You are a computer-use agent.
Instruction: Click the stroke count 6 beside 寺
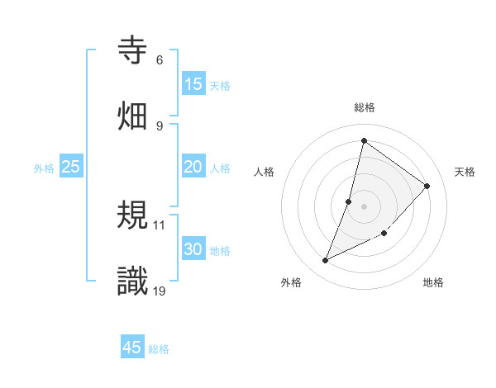[x=160, y=60]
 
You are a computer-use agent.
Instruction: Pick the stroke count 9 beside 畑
[x=160, y=125]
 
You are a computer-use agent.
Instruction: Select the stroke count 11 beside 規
[x=160, y=225]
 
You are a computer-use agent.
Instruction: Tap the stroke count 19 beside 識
[x=160, y=290]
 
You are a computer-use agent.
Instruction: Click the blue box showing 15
[x=193, y=84]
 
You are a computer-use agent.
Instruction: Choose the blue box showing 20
[x=193, y=167]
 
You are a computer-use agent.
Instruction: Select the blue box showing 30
[x=193, y=249]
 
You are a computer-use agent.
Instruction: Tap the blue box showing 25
[x=71, y=167]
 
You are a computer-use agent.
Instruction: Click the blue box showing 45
[x=132, y=348]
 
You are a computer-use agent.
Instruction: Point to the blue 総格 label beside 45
[x=159, y=349]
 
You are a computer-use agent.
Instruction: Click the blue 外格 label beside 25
[x=44, y=168]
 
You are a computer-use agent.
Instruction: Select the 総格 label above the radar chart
[x=364, y=107]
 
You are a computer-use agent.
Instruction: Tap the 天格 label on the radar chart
[x=465, y=172]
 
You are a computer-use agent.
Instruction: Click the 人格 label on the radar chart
[x=264, y=172]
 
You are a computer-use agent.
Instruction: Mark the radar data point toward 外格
[x=326, y=261]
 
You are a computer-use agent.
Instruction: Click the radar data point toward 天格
[x=427, y=186]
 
